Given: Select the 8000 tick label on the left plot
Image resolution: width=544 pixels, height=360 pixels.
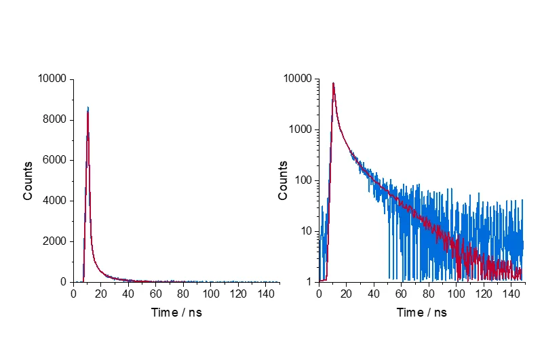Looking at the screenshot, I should (54, 119).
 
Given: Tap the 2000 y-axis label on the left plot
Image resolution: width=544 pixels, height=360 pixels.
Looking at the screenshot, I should (54, 241).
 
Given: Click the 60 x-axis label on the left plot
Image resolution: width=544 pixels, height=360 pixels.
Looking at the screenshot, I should (156, 294).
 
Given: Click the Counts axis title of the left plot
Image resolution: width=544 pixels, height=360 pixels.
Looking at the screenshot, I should (28, 180).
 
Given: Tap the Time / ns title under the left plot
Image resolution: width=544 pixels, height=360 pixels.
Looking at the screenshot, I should (176, 313).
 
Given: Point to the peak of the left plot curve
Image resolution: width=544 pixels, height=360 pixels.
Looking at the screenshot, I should (88, 108).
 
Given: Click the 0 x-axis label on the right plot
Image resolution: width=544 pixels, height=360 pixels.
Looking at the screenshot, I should (319, 294).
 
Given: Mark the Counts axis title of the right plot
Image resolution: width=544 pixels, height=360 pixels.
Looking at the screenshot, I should (283, 180).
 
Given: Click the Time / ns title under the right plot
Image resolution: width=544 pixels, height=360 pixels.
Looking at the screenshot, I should (421, 313).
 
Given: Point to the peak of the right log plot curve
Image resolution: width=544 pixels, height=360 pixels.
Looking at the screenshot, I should (333, 83).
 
